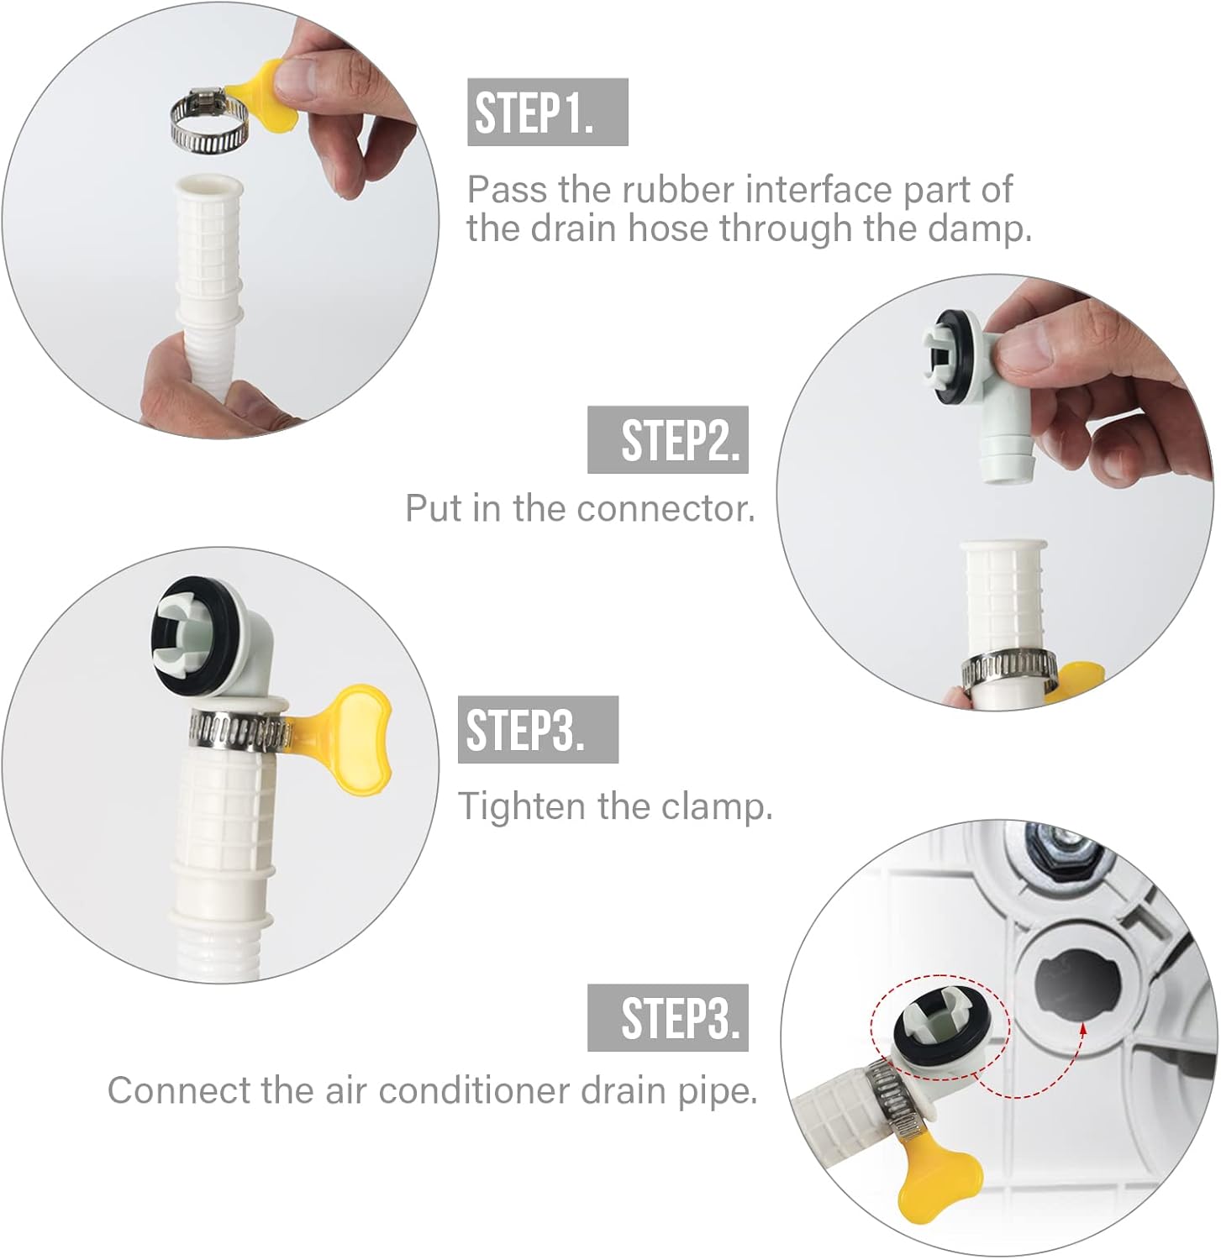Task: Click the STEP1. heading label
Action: tap(546, 113)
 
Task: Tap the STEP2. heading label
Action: tap(667, 439)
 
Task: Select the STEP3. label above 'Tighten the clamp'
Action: tap(537, 729)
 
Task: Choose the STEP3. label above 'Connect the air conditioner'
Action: tap(667, 1017)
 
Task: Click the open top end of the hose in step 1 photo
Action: tap(207, 186)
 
